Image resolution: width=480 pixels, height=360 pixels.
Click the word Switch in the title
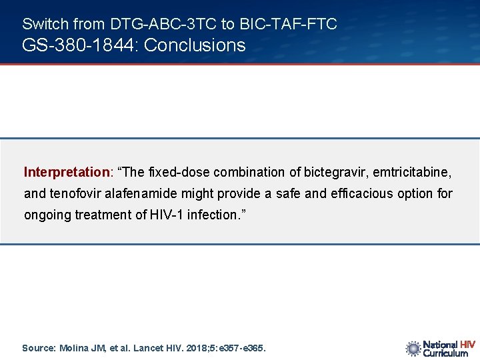pyautogui.click(x=45, y=25)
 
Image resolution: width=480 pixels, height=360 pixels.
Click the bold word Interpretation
pyautogui.click(x=67, y=172)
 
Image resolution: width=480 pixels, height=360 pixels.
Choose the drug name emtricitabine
pyautogui.click(x=412, y=172)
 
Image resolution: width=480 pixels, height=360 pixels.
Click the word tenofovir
pyautogui.click(x=73, y=194)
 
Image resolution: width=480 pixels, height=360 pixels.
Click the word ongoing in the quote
pyautogui.click(x=45, y=215)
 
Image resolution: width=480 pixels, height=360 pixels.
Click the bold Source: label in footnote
pyautogui.click(x=39, y=348)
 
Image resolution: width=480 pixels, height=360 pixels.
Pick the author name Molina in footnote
pyautogui.click(x=74, y=348)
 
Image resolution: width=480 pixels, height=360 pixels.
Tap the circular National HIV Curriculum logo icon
pyautogui.click(x=413, y=348)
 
